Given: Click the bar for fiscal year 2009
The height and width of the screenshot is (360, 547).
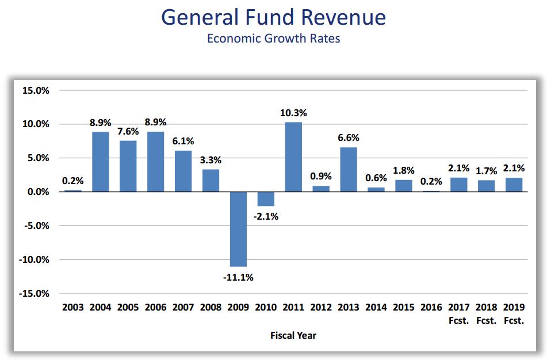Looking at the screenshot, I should point(238,229).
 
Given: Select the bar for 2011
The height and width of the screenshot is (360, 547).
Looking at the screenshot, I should point(293,157).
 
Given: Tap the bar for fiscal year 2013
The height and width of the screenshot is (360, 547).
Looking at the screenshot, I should point(349,170).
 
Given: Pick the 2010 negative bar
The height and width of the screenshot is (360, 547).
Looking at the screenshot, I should point(266,199).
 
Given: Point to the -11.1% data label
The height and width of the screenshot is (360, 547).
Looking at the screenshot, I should point(238,277).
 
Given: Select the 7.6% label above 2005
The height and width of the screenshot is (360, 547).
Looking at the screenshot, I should point(128,131).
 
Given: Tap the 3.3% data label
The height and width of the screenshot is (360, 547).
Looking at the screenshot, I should point(211,160).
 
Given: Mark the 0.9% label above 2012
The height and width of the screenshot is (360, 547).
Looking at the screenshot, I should point(321,177).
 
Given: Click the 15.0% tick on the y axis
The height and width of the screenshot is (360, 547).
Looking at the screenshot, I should point(36,90).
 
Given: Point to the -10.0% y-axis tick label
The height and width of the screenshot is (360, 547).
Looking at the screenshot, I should point(35,259).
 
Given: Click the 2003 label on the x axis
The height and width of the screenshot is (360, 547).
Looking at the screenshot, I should point(73,308).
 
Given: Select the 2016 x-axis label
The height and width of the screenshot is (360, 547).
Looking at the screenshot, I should point(431,308).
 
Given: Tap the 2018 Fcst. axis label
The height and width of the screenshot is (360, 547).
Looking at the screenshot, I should point(486,314).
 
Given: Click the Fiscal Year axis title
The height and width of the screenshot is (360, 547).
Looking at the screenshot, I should point(293,335).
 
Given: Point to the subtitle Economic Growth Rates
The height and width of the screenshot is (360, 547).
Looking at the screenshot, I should point(273,39).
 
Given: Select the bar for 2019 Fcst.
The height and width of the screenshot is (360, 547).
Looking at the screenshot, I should point(514,185).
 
